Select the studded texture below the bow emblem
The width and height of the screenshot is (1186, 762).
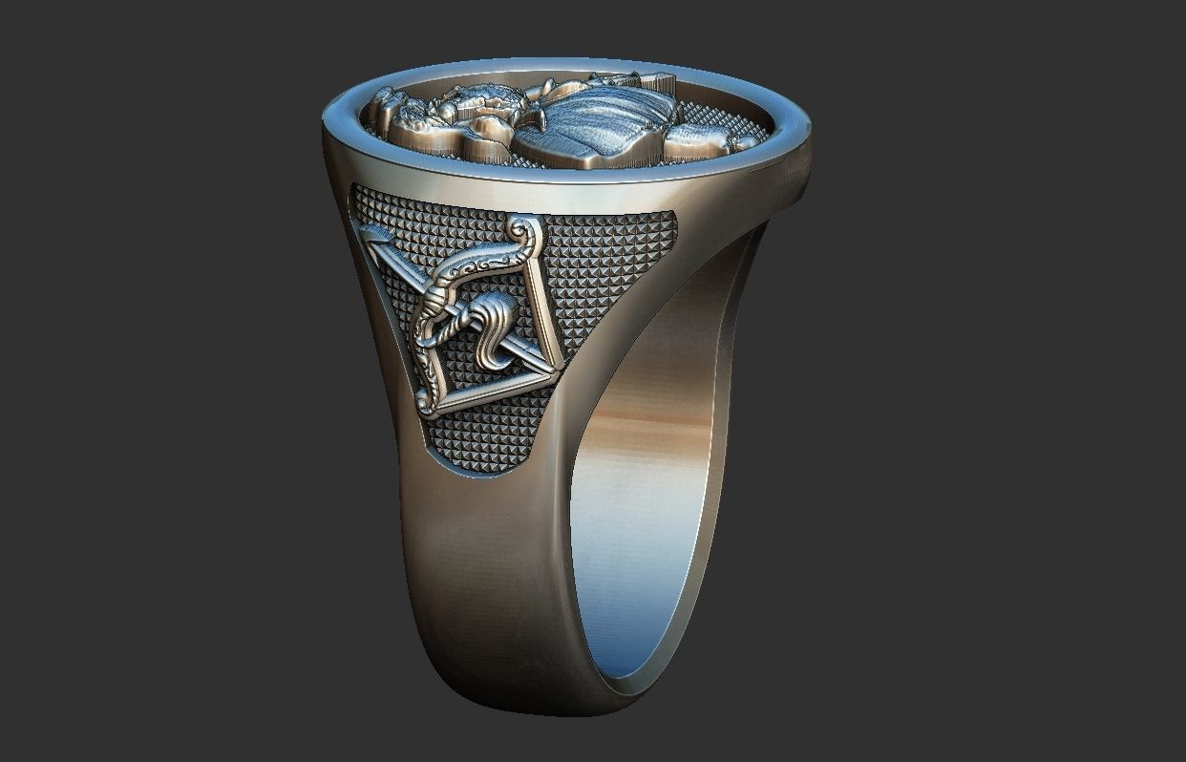click(487, 439)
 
